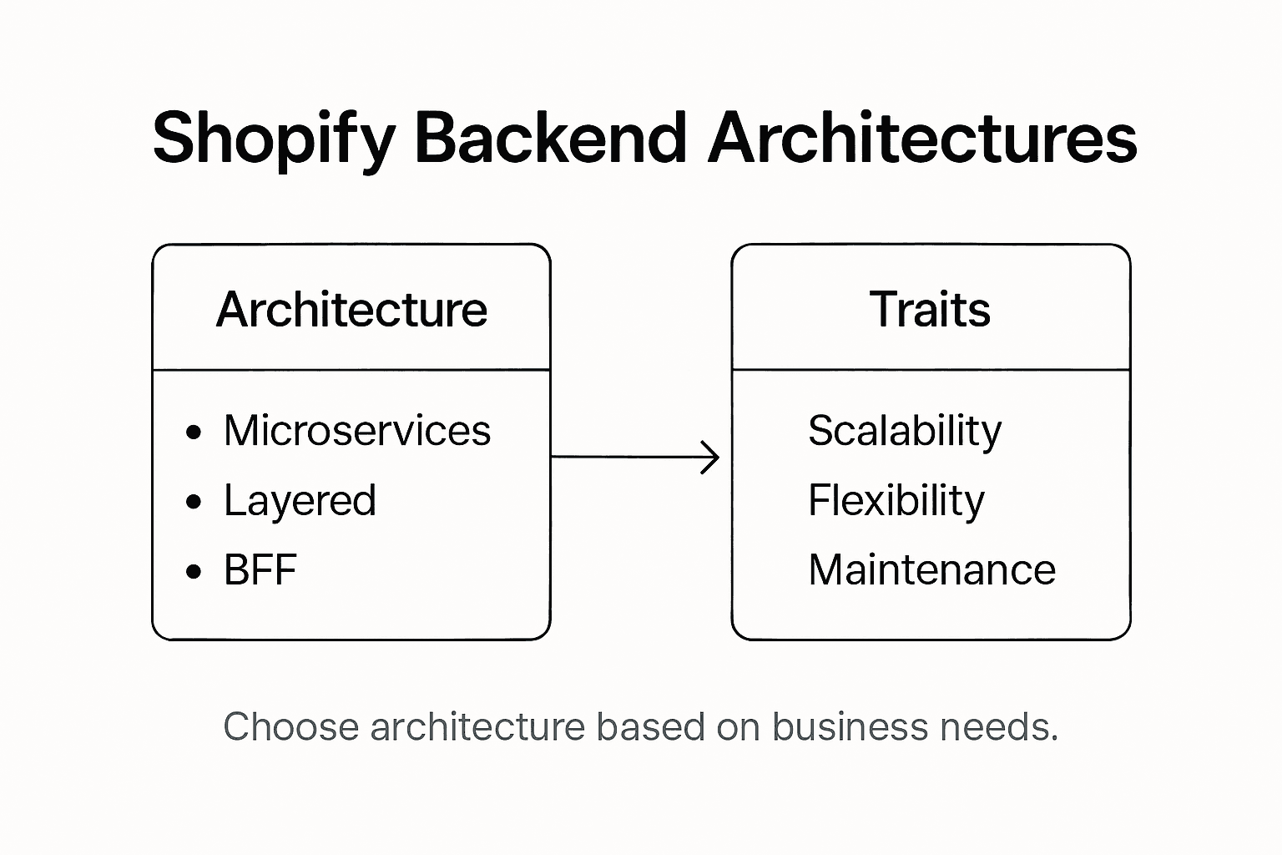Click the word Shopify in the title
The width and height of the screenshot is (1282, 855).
(272, 139)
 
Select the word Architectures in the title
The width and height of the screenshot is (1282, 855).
(922, 137)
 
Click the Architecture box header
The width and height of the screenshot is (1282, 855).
(351, 310)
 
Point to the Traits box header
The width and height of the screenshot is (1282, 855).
(930, 310)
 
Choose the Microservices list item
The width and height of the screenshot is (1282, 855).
(357, 431)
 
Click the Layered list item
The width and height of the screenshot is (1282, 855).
(300, 501)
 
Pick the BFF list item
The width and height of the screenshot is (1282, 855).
(260, 570)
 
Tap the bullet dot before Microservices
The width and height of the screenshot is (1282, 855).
(194, 433)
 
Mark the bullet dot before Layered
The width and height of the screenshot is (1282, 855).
(194, 502)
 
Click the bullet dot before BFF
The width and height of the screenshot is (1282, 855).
(194, 571)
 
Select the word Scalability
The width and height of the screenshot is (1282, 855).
(905, 432)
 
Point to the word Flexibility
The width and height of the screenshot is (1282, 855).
(896, 501)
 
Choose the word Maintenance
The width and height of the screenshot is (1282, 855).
(931, 570)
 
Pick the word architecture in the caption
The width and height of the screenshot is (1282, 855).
(477, 726)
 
